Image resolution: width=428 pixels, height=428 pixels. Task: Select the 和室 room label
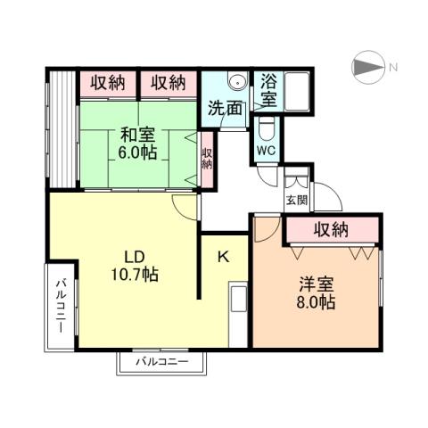137,136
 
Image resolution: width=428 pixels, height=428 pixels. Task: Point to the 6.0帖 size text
137,152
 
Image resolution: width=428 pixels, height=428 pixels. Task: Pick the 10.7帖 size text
135,275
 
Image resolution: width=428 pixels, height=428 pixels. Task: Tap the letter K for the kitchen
224,257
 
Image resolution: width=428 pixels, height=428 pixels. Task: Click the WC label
267,151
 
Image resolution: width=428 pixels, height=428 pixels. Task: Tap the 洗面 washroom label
225,110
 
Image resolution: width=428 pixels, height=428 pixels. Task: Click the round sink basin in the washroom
236,83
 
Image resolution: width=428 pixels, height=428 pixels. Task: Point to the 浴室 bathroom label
268,89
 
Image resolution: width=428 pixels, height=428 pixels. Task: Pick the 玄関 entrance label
295,200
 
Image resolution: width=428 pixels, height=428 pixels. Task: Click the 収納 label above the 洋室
332,231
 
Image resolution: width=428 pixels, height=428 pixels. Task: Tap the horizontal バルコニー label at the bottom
161,362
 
